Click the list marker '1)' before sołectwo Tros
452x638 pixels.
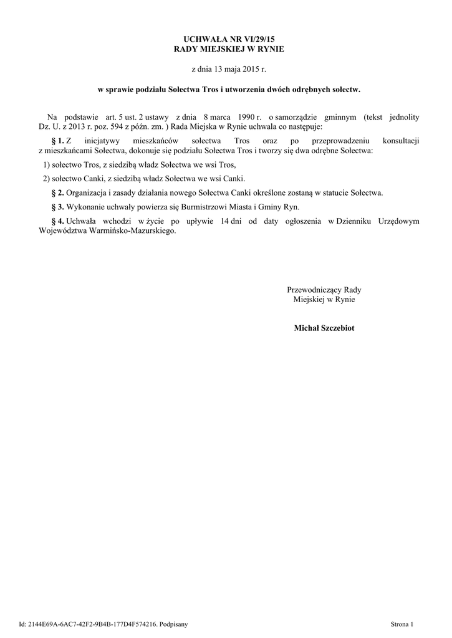pos(43,165)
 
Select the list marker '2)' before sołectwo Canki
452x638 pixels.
pos(43,179)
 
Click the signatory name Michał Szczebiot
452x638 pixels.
pos(324,328)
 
